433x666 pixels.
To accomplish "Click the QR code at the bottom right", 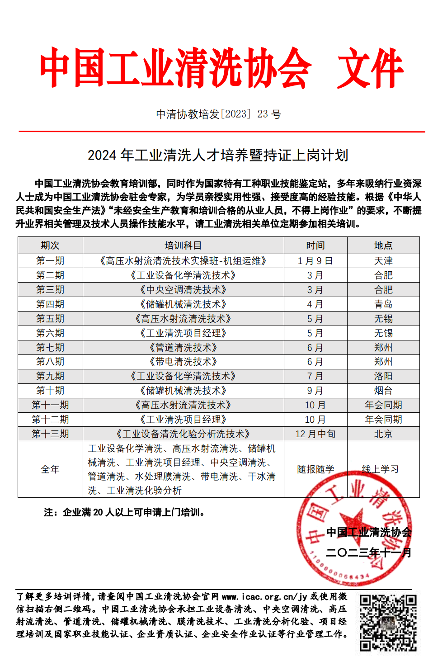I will click(388, 623).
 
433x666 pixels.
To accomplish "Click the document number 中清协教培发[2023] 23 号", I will click(218, 114).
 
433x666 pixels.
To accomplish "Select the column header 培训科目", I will click(183, 246).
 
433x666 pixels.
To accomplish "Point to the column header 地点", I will click(383, 246).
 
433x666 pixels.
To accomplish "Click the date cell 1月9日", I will click(315, 261).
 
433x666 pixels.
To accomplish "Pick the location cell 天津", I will click(383, 261).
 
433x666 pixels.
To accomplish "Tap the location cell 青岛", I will click(383, 304).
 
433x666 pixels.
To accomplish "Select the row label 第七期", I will click(50, 348).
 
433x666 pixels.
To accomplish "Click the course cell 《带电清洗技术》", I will click(183, 362).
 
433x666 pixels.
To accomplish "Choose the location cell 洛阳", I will click(383, 376).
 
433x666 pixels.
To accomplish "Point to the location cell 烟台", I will click(383, 391).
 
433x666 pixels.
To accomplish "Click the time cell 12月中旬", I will click(315, 434).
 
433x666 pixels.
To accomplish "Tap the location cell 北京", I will click(383, 434).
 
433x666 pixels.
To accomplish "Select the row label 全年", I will click(50, 469).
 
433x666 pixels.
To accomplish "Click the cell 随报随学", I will click(315, 469).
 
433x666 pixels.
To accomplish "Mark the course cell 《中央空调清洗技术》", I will click(183, 290).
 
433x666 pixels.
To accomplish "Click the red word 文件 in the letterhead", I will click(370, 69).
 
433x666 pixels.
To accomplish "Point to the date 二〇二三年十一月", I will click(369, 553).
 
